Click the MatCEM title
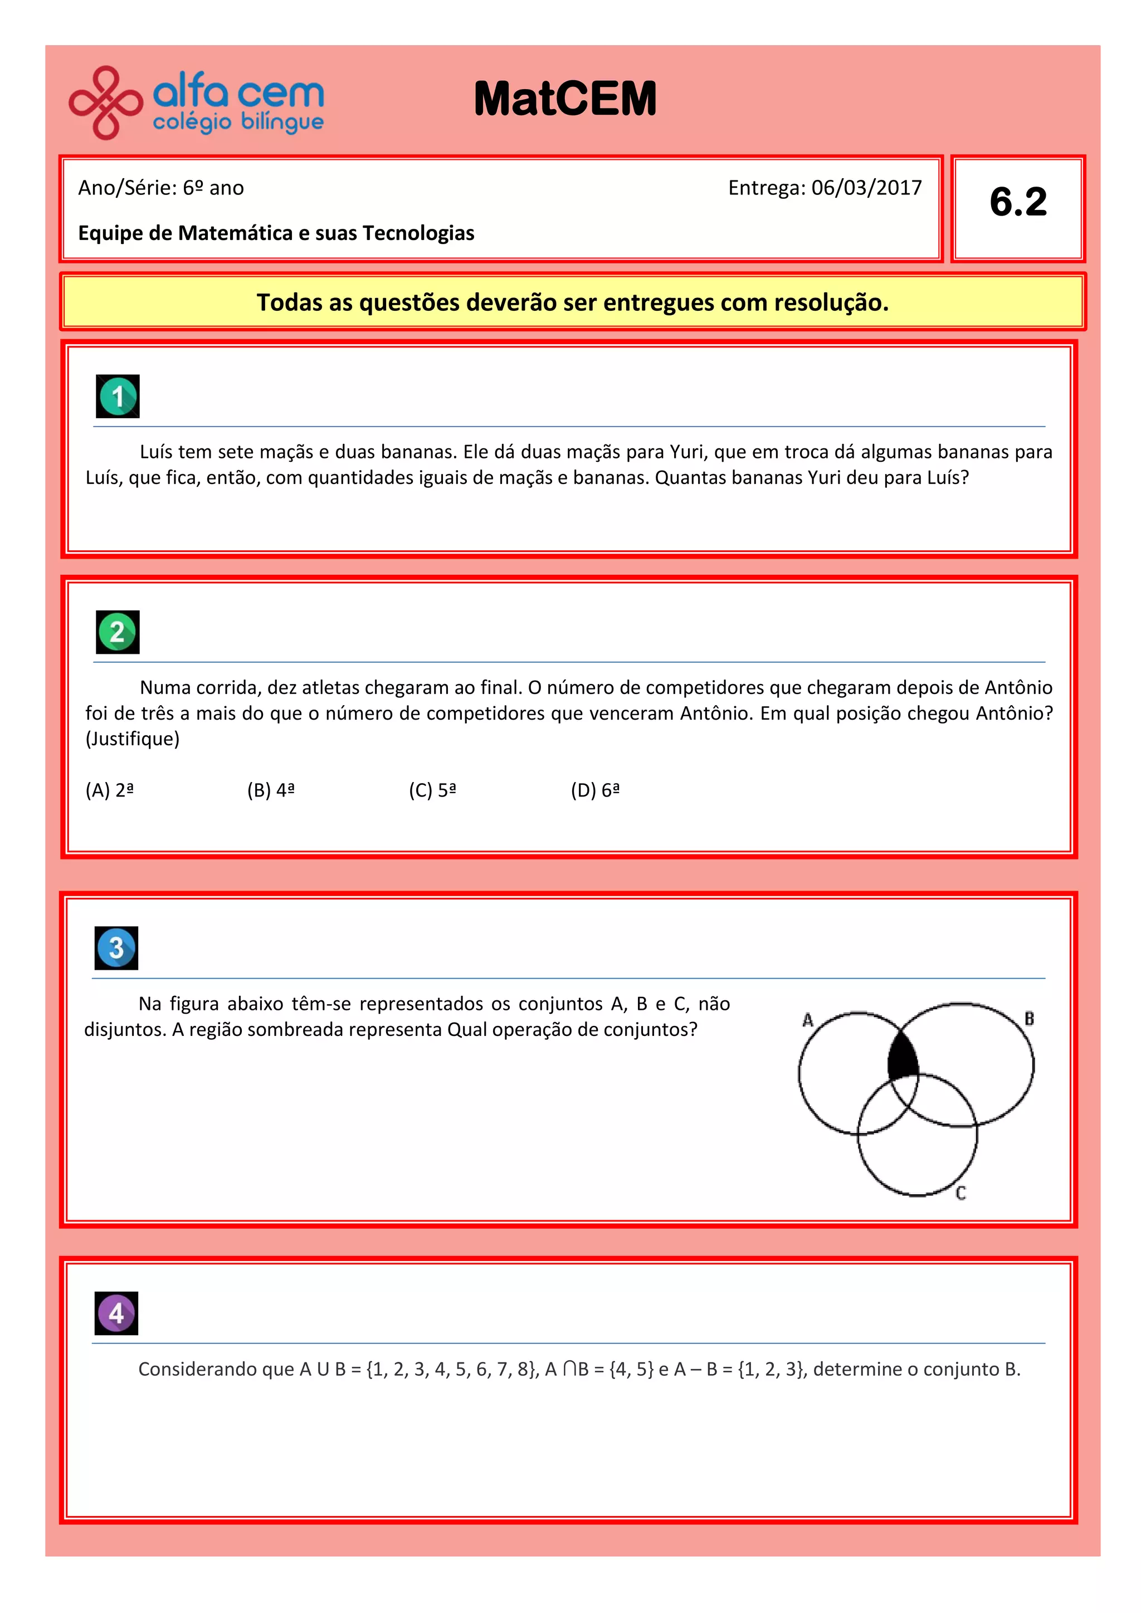click(565, 99)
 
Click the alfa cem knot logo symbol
click(105, 102)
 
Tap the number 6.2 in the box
click(1017, 202)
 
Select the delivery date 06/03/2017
click(866, 188)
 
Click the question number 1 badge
click(118, 396)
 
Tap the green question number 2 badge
click(118, 632)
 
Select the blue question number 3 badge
click(116, 948)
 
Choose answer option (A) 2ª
click(110, 790)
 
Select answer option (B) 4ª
click(271, 790)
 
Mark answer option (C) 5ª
click(432, 790)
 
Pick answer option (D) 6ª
click(595, 790)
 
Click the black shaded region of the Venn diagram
click(903, 1057)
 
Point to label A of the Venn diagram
click(808, 1019)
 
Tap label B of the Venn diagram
click(1029, 1018)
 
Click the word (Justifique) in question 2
click(133, 739)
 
